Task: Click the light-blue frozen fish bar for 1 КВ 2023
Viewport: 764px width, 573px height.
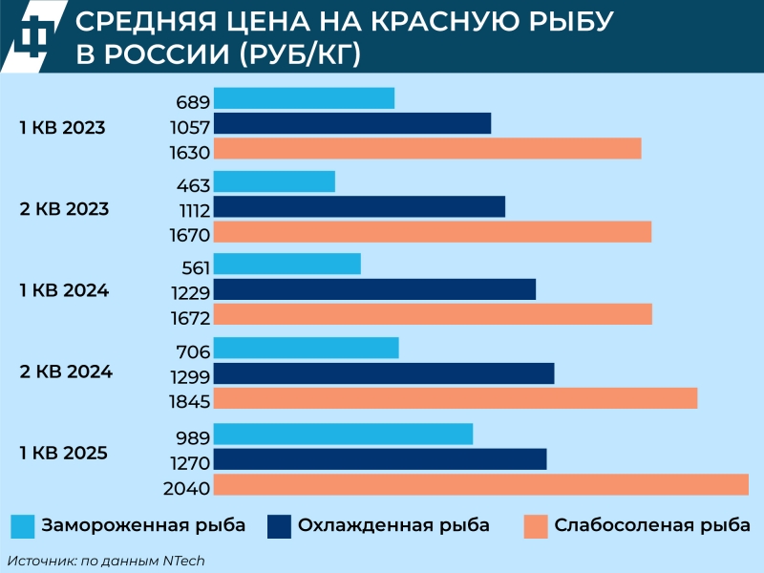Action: click(x=304, y=98)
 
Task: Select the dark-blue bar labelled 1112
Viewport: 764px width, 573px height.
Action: click(x=359, y=207)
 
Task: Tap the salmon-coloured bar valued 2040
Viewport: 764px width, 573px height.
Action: click(x=480, y=485)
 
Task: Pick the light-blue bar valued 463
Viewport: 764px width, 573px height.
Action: click(x=274, y=181)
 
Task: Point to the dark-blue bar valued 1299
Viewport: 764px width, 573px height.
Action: click(x=384, y=373)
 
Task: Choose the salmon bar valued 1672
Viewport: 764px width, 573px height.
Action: click(x=433, y=315)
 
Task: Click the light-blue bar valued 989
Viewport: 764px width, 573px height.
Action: click(x=343, y=434)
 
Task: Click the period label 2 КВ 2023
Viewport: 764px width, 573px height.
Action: click(x=64, y=209)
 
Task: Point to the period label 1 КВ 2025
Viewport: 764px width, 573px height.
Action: click(x=64, y=453)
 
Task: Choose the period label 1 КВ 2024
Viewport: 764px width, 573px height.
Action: click(x=64, y=291)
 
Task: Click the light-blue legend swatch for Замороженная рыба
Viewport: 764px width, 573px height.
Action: click(x=23, y=526)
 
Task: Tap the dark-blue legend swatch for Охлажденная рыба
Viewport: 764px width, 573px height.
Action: click(x=279, y=526)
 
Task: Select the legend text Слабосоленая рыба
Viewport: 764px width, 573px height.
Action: click(x=652, y=526)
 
